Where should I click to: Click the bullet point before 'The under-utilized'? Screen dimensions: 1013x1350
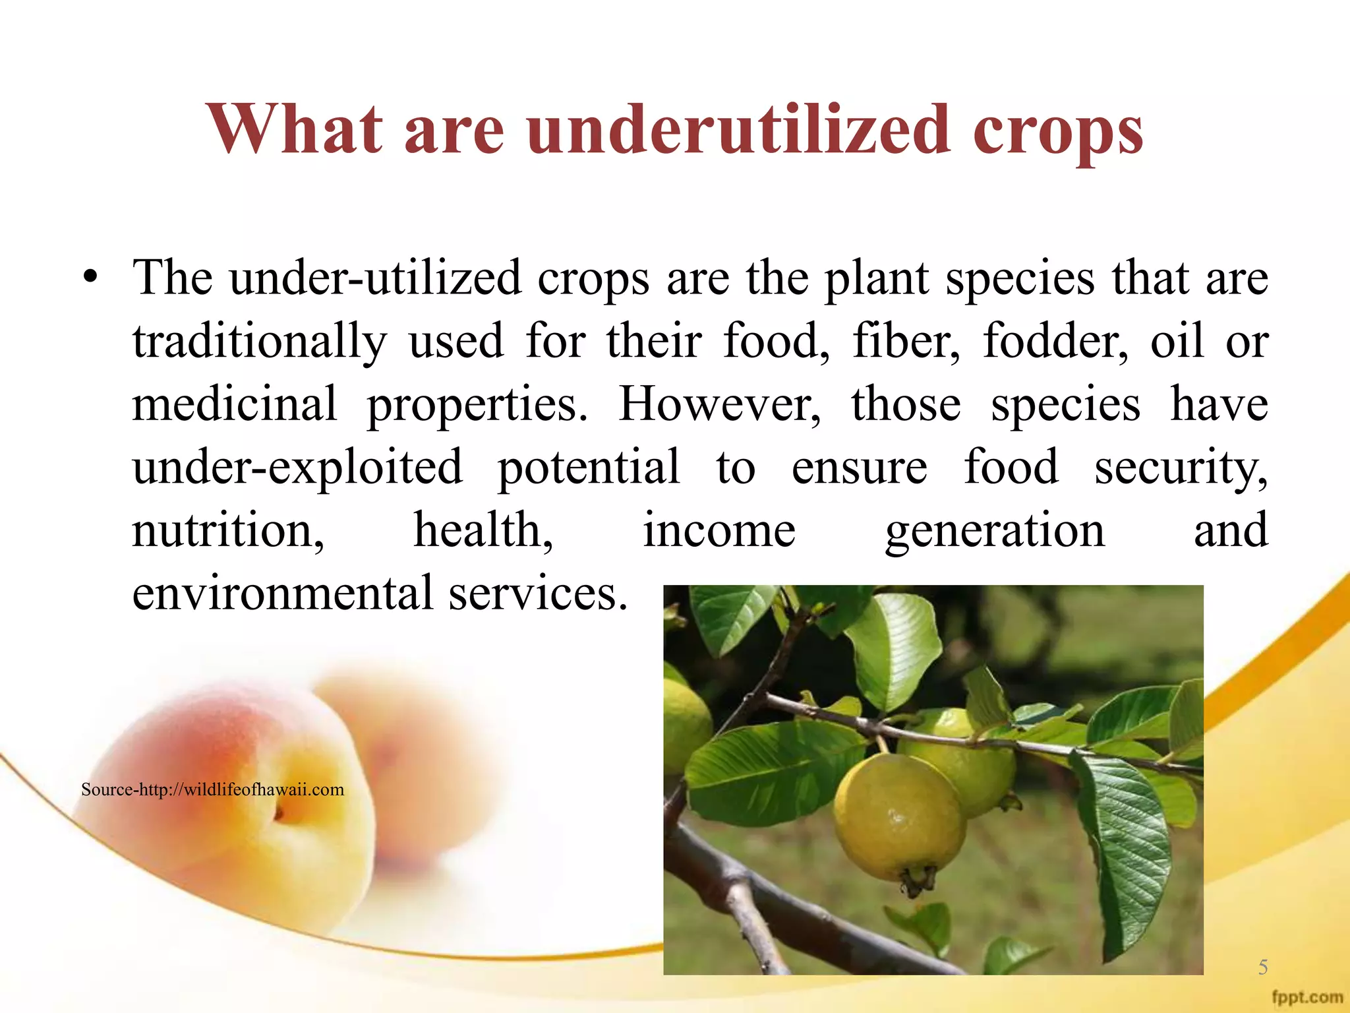pyautogui.click(x=90, y=277)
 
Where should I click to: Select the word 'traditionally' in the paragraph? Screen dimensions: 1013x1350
pyautogui.click(x=259, y=342)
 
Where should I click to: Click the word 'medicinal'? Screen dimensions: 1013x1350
pyautogui.click(x=234, y=404)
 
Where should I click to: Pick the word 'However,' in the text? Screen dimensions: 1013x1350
pyautogui.click(x=719, y=404)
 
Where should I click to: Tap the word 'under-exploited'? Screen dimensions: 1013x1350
pyautogui.click(x=297, y=467)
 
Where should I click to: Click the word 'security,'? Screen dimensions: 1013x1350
pyautogui.click(x=1181, y=467)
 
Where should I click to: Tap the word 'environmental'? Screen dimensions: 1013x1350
pyautogui.click(x=282, y=593)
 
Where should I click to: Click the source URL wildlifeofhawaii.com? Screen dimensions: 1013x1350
pyautogui.click(x=212, y=789)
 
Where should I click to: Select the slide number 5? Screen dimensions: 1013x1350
pyautogui.click(x=1262, y=967)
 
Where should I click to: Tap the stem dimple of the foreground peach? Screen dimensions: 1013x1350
pyautogui.click(x=279, y=815)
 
